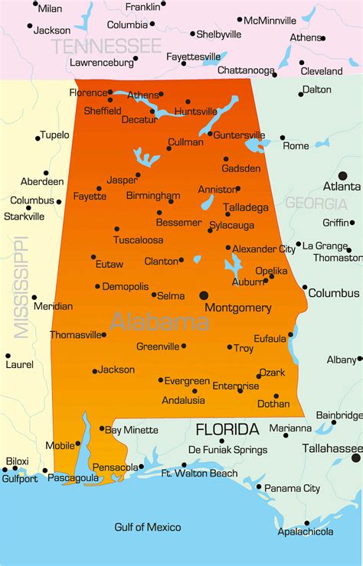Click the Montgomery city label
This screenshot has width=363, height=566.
pyautogui.click(x=237, y=308)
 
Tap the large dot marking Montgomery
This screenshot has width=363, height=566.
pyautogui.click(x=204, y=294)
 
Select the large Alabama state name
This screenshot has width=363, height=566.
pyautogui.click(x=159, y=321)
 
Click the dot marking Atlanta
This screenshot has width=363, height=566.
pyautogui.click(x=342, y=176)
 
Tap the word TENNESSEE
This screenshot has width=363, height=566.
pyautogui.click(x=106, y=46)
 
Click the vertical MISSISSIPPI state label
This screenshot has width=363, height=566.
pyautogui.click(x=21, y=287)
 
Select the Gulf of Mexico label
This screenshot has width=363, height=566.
pyautogui.click(x=148, y=527)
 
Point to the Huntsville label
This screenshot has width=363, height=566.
pyautogui.click(x=196, y=112)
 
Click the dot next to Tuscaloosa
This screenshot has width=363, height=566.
pyautogui.click(x=116, y=229)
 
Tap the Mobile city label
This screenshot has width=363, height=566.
pyautogui.click(x=60, y=445)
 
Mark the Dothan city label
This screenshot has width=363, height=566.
pyautogui.click(x=273, y=404)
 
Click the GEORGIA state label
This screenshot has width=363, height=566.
pyautogui.click(x=316, y=203)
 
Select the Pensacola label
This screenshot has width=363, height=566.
pyautogui.click(x=116, y=467)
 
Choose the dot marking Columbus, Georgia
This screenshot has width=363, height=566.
pyautogui.click(x=305, y=288)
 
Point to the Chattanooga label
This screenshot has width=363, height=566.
pyautogui.click(x=246, y=71)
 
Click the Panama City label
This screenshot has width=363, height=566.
pyautogui.click(x=292, y=488)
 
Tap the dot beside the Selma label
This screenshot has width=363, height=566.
pyautogui.click(x=154, y=294)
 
